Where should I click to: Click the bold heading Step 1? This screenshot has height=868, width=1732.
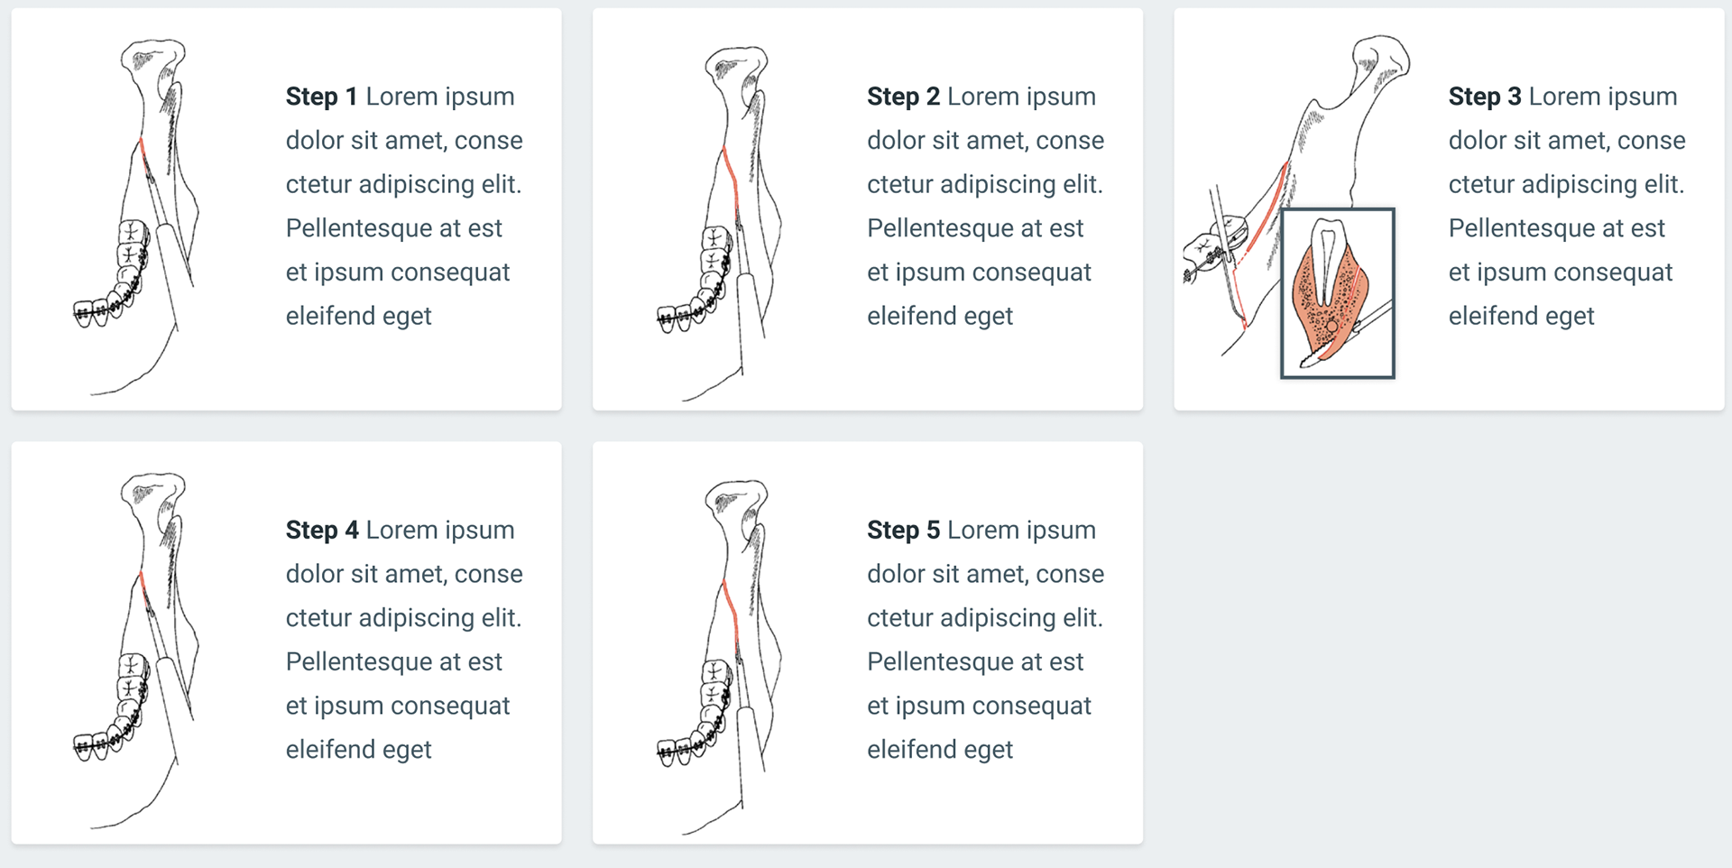point(321,97)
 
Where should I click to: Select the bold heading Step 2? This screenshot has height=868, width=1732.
point(903,97)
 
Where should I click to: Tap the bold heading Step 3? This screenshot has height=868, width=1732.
point(1484,97)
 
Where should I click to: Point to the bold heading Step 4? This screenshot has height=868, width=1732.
point(321,530)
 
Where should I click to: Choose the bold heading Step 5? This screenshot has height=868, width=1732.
point(903,530)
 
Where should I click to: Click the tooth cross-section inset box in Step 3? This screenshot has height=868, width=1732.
point(1338,293)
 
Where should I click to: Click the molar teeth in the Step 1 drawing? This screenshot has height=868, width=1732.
point(132,244)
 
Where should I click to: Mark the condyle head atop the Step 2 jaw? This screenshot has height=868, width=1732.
point(736,65)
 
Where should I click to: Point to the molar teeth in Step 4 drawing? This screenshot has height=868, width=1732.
point(132,677)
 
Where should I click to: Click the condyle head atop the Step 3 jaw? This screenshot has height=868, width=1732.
point(1380,54)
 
